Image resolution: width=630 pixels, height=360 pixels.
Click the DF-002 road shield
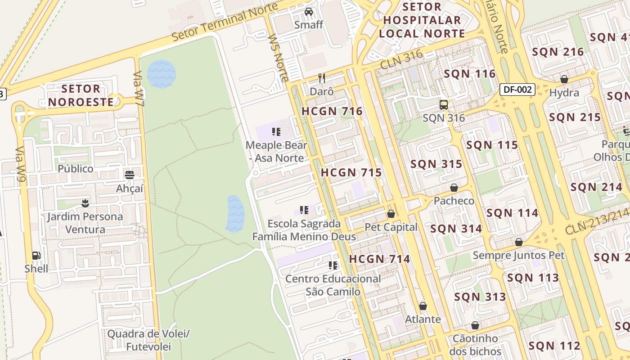pos(517,90)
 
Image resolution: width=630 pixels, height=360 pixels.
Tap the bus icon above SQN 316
pos(444,105)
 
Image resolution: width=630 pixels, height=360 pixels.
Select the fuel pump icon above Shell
pos(36,256)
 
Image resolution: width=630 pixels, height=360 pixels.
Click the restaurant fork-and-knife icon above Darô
pos(321,78)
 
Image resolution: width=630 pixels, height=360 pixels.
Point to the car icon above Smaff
pos(309,12)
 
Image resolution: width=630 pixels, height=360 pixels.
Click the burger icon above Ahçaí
pos(130,175)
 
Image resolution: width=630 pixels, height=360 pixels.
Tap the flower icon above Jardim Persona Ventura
pos(85,203)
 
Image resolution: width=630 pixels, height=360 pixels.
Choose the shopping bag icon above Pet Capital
pos(391,214)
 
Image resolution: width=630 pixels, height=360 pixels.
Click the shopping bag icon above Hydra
pos(564,80)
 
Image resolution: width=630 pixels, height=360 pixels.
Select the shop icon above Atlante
pos(423,306)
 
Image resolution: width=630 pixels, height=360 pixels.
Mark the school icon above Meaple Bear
pos(276,132)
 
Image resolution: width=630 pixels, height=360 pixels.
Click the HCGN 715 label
pos(351,172)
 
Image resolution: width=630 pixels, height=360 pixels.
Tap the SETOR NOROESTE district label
pos(81,95)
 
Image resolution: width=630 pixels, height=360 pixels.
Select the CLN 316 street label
pos(401,60)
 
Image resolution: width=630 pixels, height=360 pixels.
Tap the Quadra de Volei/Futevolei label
pos(148,340)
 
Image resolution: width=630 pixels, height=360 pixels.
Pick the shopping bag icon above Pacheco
pos(454,188)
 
